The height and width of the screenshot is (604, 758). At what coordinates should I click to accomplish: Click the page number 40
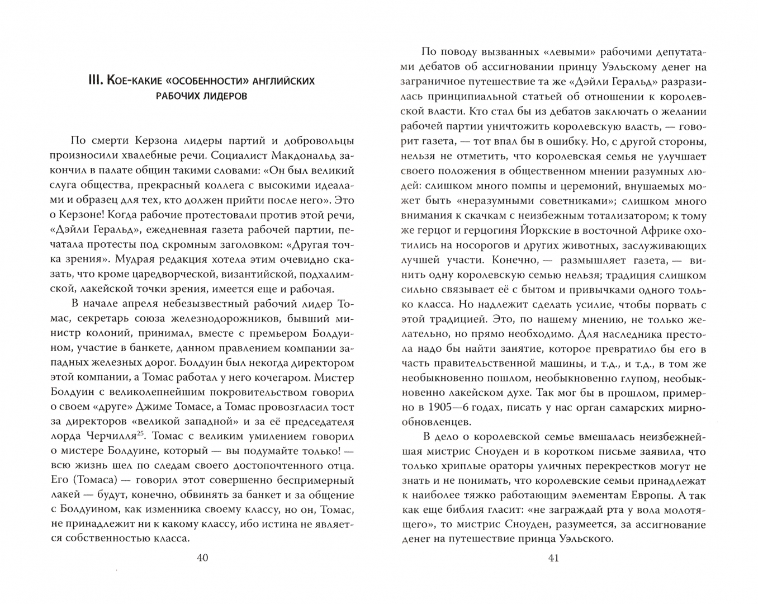click(202, 558)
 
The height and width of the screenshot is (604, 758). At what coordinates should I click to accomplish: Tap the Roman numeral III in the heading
click(92, 82)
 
